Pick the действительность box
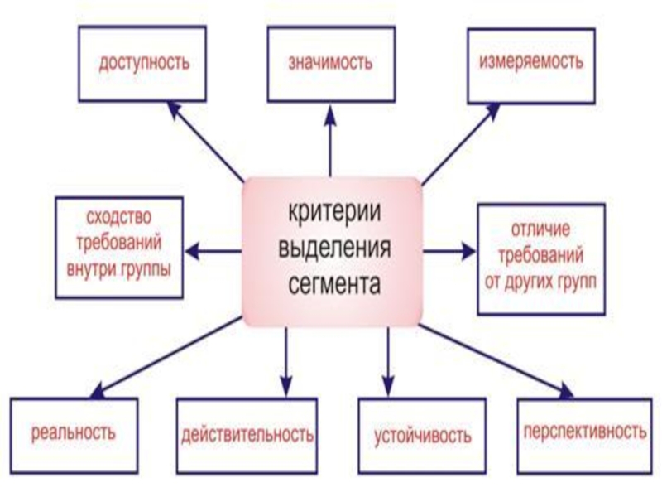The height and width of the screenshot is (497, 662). [247, 433]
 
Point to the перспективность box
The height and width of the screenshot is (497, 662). [583, 432]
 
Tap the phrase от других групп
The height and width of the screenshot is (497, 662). [540, 278]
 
